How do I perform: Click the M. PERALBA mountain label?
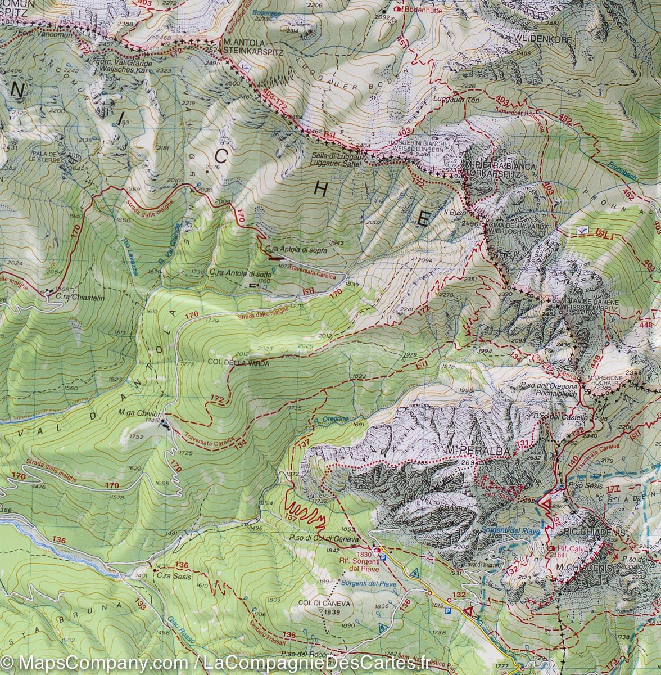click(x=469, y=451)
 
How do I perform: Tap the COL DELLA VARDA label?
click(x=238, y=363)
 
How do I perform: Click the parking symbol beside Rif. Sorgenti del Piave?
click(x=383, y=557)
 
